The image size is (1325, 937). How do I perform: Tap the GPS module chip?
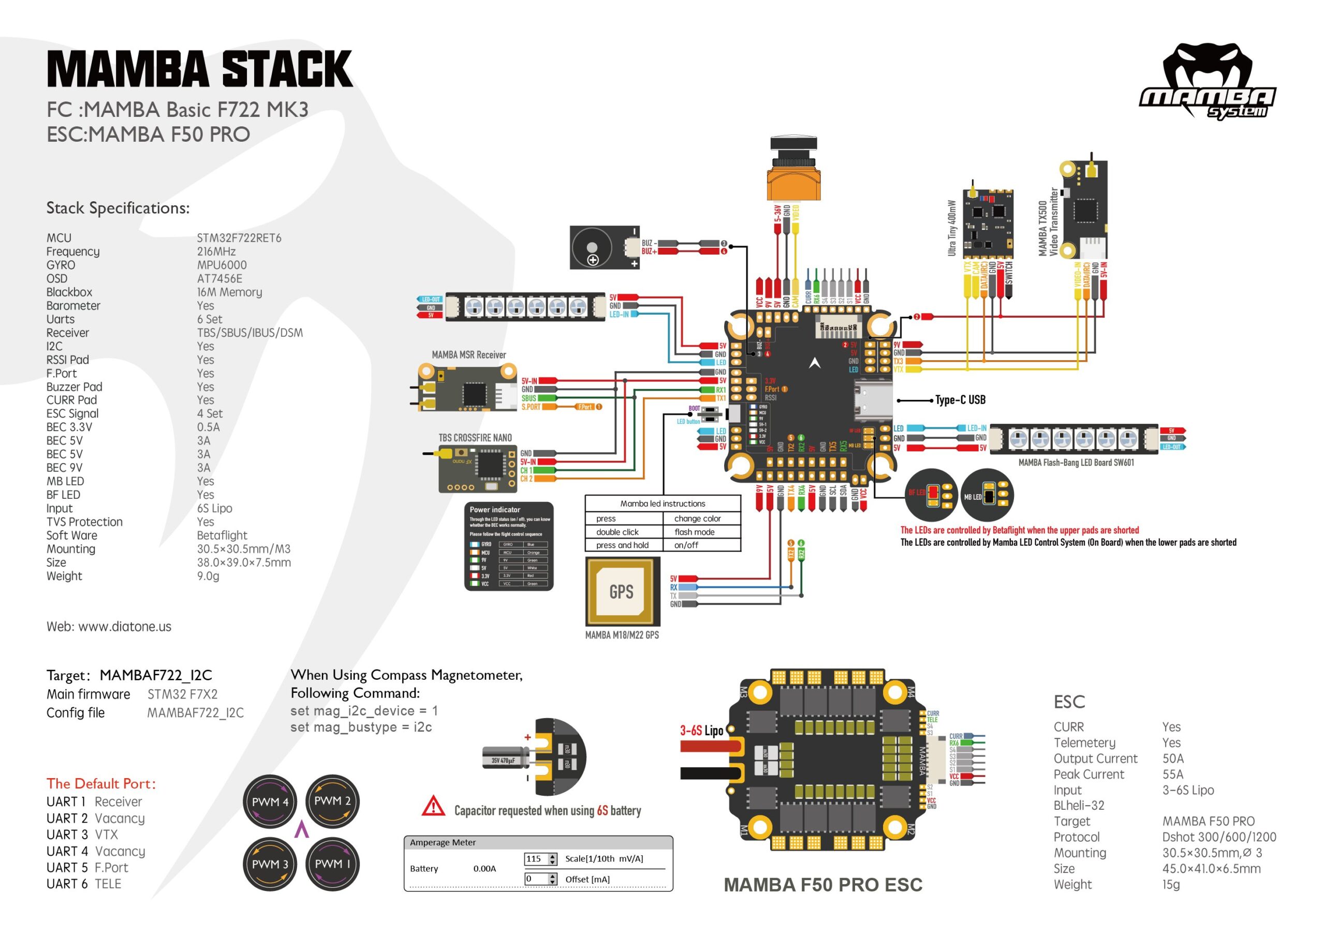[622, 591]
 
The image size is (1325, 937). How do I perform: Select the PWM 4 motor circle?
[270, 802]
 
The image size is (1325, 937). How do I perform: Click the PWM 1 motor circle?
[332, 864]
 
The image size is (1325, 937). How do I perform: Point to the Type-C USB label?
[960, 400]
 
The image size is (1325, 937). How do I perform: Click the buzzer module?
[604, 247]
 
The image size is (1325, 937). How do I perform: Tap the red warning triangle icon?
[433, 807]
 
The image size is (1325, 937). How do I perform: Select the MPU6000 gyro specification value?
[222, 265]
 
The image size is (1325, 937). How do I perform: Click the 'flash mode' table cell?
[694, 532]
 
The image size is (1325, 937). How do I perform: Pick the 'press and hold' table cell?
[622, 545]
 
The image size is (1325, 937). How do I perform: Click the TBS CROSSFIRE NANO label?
[475, 438]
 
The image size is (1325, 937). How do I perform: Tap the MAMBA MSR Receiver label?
[468, 355]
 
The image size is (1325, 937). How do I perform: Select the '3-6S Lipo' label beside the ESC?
[701, 731]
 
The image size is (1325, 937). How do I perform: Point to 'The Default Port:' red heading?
[101, 783]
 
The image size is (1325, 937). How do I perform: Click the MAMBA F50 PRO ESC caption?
[823, 885]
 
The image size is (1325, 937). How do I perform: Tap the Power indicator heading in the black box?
[495, 510]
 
